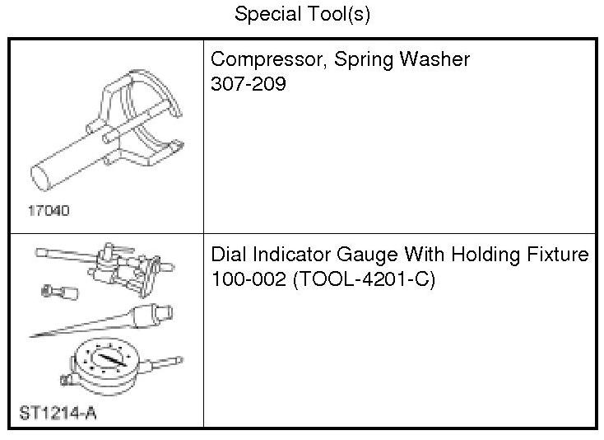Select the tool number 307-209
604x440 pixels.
(x=249, y=83)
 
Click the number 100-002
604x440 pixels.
(x=248, y=279)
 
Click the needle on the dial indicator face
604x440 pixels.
(x=106, y=361)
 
